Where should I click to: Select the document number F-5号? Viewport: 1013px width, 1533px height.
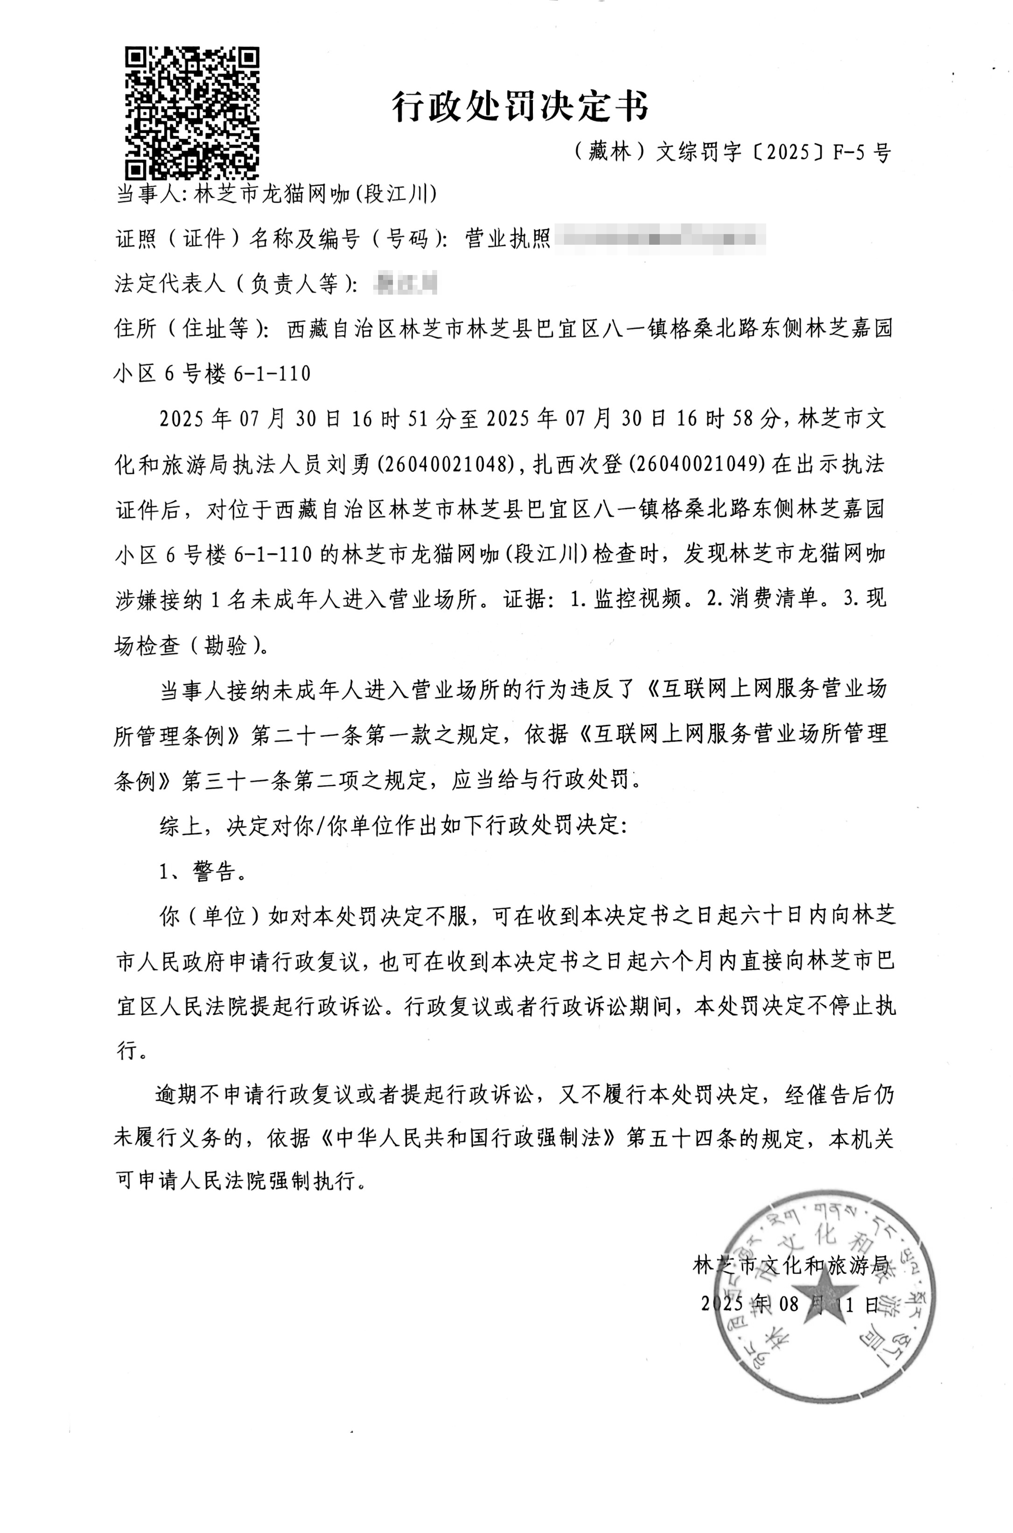861,153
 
